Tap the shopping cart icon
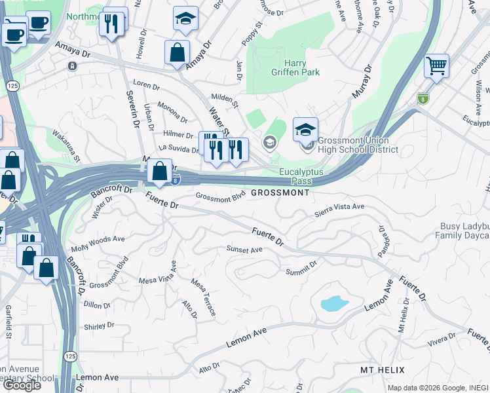point(436,66)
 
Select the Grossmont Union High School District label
point(358,145)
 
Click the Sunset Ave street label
point(244,250)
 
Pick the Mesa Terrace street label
point(203,297)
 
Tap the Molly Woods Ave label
point(98,244)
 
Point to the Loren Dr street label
point(147,86)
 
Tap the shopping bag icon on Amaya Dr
point(178,54)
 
